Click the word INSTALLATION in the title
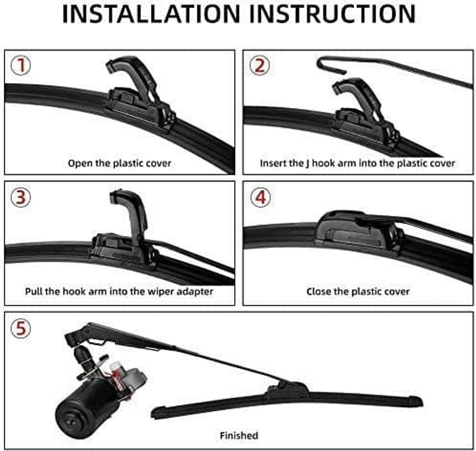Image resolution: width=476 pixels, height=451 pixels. pyautogui.click(x=151, y=14)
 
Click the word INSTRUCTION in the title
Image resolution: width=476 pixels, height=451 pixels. pyautogui.click(x=332, y=14)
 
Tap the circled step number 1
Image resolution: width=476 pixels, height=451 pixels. pyautogui.click(x=21, y=65)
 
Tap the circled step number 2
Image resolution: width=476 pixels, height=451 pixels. pyautogui.click(x=260, y=65)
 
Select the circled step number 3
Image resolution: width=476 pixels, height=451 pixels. pyautogui.click(x=21, y=197)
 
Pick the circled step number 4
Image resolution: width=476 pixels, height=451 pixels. pyautogui.click(x=260, y=197)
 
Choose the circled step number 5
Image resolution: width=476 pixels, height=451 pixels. pyautogui.click(x=21, y=328)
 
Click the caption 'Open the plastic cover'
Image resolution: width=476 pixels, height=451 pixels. pyautogui.click(x=119, y=163)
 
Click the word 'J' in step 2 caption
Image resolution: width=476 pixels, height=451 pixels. pyautogui.click(x=308, y=164)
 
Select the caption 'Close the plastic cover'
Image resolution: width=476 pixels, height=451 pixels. pyautogui.click(x=358, y=291)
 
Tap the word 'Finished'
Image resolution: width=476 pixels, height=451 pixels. pyautogui.click(x=239, y=435)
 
